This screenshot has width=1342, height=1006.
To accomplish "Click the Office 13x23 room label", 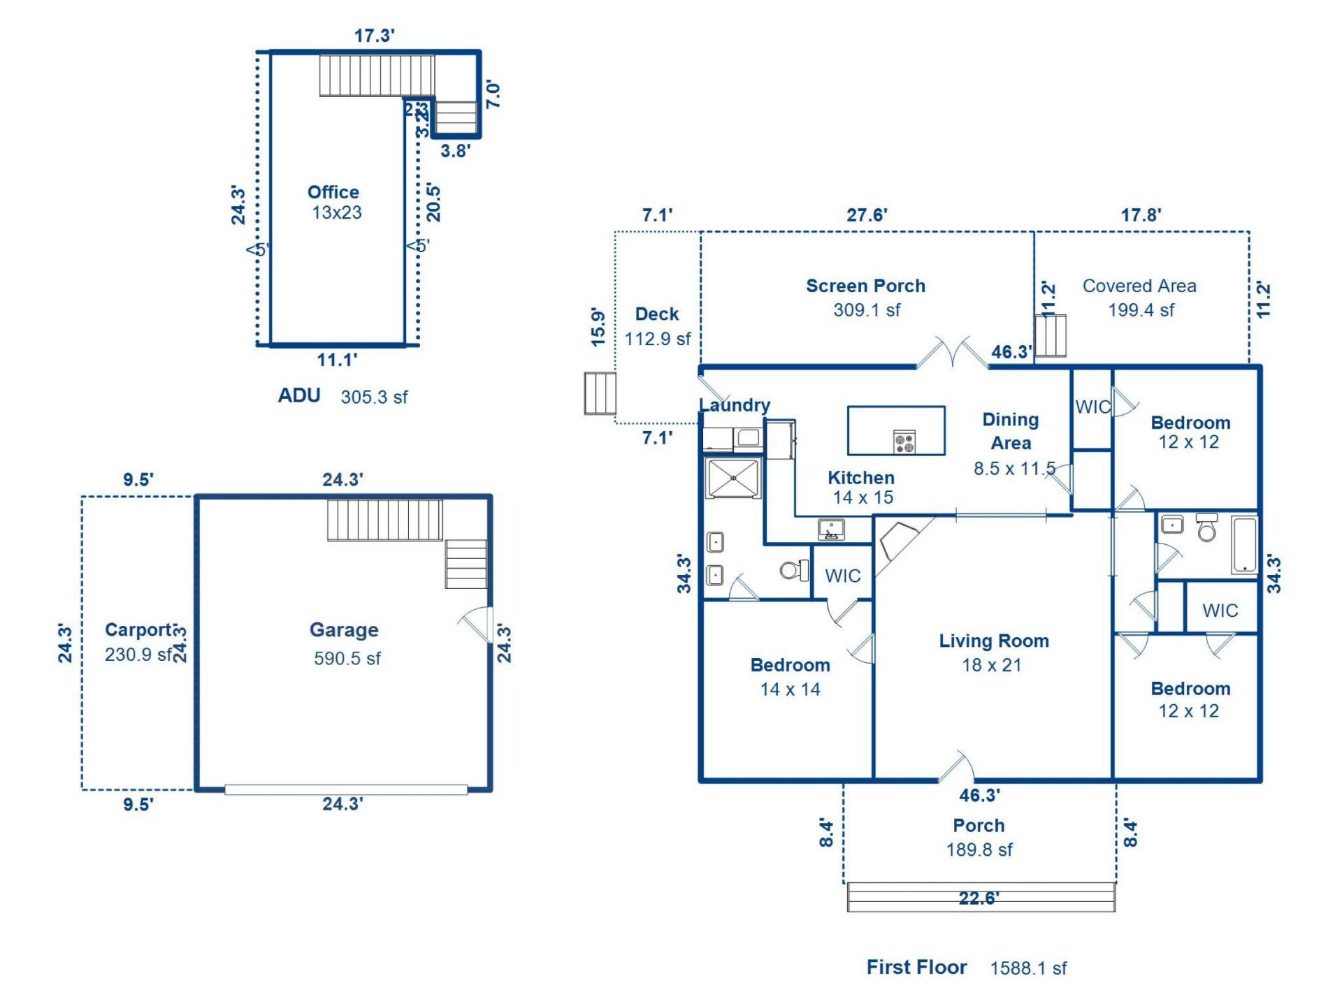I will pyautogui.click(x=334, y=202).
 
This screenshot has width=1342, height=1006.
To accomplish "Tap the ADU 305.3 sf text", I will pyautogui.click(x=342, y=396).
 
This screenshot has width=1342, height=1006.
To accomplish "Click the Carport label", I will pyautogui.click(x=139, y=630).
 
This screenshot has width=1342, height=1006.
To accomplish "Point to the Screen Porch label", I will pyautogui.click(x=865, y=286).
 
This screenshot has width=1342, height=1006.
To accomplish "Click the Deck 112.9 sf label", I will pyautogui.click(x=657, y=326).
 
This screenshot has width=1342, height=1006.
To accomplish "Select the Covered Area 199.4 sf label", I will pyautogui.click(x=1139, y=297).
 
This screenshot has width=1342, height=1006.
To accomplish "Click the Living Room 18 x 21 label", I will pyautogui.click(x=993, y=653).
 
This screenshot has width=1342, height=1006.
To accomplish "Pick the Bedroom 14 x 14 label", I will pyautogui.click(x=790, y=676).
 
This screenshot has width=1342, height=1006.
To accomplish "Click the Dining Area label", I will pyautogui.click(x=1010, y=431).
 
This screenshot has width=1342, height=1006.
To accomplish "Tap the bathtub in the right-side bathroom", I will pyautogui.click(x=1244, y=545).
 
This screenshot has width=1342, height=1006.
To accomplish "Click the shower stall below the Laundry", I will pyautogui.click(x=733, y=478).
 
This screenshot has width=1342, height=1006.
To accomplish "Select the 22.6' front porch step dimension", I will pyautogui.click(x=979, y=898).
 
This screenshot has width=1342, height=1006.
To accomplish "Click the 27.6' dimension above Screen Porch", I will pyautogui.click(x=867, y=215).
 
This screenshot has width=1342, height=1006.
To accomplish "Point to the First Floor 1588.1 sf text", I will pyautogui.click(x=966, y=968).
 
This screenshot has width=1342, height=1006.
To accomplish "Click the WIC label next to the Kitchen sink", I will pyautogui.click(x=843, y=576).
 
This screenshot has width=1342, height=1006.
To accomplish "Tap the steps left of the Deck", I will pyautogui.click(x=600, y=393).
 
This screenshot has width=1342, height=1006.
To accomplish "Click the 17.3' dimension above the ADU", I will pyautogui.click(x=375, y=36).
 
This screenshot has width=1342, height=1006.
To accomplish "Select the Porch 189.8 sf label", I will pyautogui.click(x=979, y=837).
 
